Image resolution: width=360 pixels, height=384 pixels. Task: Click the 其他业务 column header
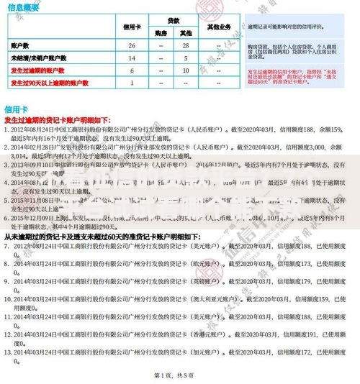[219, 27]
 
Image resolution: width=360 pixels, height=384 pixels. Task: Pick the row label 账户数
[22, 45]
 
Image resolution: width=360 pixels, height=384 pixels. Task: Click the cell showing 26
[132, 45]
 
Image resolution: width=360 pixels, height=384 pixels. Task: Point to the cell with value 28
[186, 45]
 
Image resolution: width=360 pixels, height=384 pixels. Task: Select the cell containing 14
[132, 58]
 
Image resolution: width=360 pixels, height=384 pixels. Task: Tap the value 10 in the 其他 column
[186, 70]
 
